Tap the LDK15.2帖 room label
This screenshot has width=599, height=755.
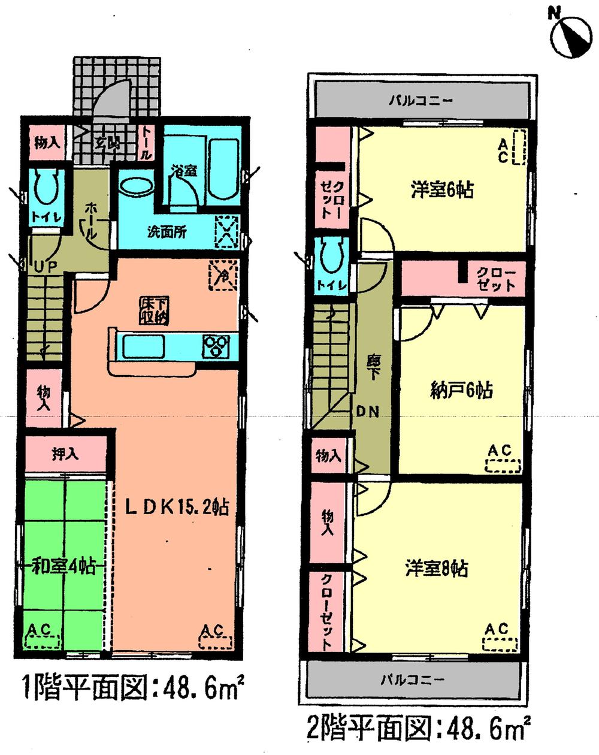click(176, 508)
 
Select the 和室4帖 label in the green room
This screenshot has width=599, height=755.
click(64, 567)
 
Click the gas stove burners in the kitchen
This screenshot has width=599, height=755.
click(216, 346)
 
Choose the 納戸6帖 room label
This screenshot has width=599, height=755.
click(461, 391)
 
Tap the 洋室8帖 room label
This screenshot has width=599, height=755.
click(436, 567)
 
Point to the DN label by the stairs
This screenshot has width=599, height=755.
click(368, 412)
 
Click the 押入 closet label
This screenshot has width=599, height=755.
click(65, 454)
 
